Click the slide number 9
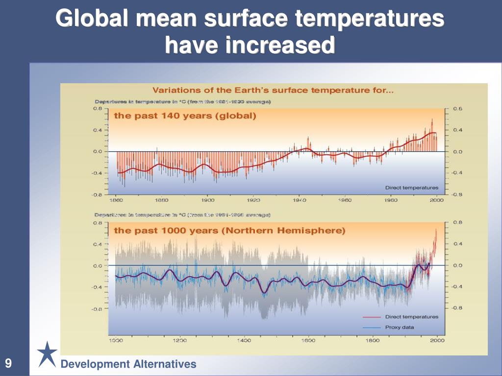[x=8, y=364]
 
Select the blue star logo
[x=47, y=353]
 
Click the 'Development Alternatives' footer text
[x=128, y=364]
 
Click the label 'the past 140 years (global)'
[x=185, y=116]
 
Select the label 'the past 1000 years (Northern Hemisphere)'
[x=229, y=230]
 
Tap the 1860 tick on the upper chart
[x=116, y=200]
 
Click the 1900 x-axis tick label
[x=208, y=200]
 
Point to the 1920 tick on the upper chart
[x=253, y=200]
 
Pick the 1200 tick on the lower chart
[x=180, y=340]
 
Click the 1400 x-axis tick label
[x=244, y=340]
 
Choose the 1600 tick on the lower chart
[x=308, y=340]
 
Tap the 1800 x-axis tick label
[x=373, y=340]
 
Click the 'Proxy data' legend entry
[x=400, y=327]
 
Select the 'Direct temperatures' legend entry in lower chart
[x=411, y=317]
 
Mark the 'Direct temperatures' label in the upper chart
[x=411, y=188]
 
